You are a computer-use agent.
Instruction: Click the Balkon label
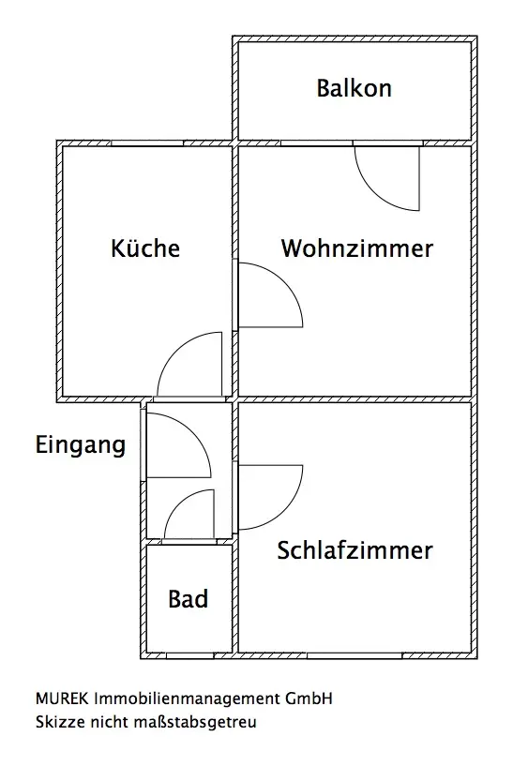(x=354, y=88)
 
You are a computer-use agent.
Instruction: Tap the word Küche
(x=145, y=248)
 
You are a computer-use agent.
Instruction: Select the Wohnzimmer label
(x=356, y=248)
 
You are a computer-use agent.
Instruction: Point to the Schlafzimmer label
(x=355, y=550)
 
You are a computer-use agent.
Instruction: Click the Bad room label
(x=189, y=599)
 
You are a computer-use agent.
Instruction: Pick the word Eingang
(x=81, y=445)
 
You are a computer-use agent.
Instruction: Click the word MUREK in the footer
(x=62, y=698)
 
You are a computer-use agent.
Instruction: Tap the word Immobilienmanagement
(x=187, y=699)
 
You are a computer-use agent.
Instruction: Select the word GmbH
(x=309, y=698)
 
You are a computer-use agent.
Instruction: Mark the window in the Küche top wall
(x=147, y=143)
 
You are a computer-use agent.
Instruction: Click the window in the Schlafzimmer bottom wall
(x=355, y=655)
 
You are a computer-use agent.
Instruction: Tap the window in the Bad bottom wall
(x=189, y=655)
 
